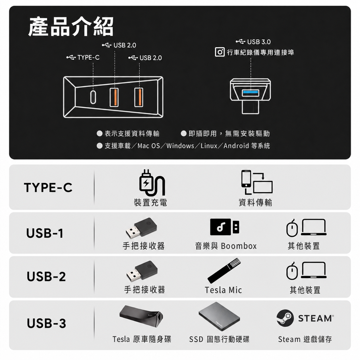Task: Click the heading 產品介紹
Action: pyautogui.click(x=71, y=26)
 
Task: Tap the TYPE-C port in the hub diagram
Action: pyautogui.click(x=93, y=97)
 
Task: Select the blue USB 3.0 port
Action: pyautogui.click(x=250, y=93)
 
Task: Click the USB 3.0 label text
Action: pyautogui.click(x=259, y=42)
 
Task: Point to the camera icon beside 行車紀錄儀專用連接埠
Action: pyautogui.click(x=220, y=52)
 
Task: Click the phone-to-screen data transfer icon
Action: pyautogui.click(x=257, y=182)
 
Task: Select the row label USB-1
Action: pyautogui.click(x=45, y=233)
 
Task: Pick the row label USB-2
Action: pyautogui.click(x=46, y=276)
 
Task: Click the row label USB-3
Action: pyautogui.click(x=46, y=323)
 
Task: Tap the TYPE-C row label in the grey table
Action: pyautogui.click(x=48, y=187)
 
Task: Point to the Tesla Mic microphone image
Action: pyautogui.click(x=224, y=270)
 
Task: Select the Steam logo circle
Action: pyautogui.click(x=285, y=318)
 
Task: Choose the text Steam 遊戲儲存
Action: pyautogui.click(x=305, y=339)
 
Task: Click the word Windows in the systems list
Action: pyautogui.click(x=180, y=146)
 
